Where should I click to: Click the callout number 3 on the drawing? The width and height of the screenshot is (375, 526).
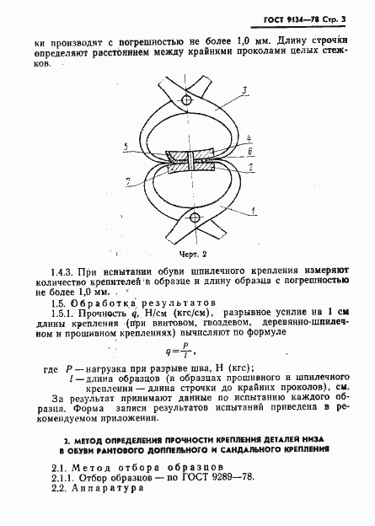[x=242, y=89]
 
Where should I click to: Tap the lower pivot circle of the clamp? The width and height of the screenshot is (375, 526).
[x=195, y=218]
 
